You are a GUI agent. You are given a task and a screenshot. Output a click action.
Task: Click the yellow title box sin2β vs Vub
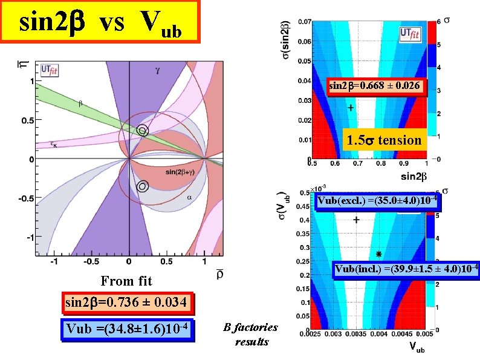point(100,21)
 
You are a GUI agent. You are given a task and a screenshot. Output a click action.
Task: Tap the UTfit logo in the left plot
point(50,70)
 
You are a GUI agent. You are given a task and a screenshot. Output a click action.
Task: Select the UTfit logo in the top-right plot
point(410,34)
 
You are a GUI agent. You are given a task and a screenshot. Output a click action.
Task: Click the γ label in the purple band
point(157,71)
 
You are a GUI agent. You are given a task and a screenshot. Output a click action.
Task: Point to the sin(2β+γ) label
point(180,172)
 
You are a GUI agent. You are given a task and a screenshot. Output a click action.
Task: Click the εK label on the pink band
point(54,144)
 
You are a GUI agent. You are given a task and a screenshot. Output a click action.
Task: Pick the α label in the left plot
point(189,198)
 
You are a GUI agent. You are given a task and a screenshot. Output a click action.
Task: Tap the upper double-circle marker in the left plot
point(142,131)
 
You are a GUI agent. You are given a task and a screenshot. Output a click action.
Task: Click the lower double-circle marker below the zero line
point(142,186)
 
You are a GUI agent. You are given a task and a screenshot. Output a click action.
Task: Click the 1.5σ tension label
point(384,140)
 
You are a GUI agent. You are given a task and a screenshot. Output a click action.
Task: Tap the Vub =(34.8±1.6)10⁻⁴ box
point(128,329)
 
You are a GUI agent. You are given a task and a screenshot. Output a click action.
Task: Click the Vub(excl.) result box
point(377,201)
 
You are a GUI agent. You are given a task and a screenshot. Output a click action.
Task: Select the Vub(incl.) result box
point(406,270)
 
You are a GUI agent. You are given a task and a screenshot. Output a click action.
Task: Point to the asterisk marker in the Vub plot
point(378,254)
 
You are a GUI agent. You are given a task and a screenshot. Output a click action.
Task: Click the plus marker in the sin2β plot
point(351,108)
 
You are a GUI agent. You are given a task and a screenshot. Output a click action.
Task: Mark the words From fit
point(126,281)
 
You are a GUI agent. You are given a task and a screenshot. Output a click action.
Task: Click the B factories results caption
point(251,334)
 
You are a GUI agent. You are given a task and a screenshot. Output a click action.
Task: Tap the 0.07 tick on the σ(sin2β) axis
point(305,22)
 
